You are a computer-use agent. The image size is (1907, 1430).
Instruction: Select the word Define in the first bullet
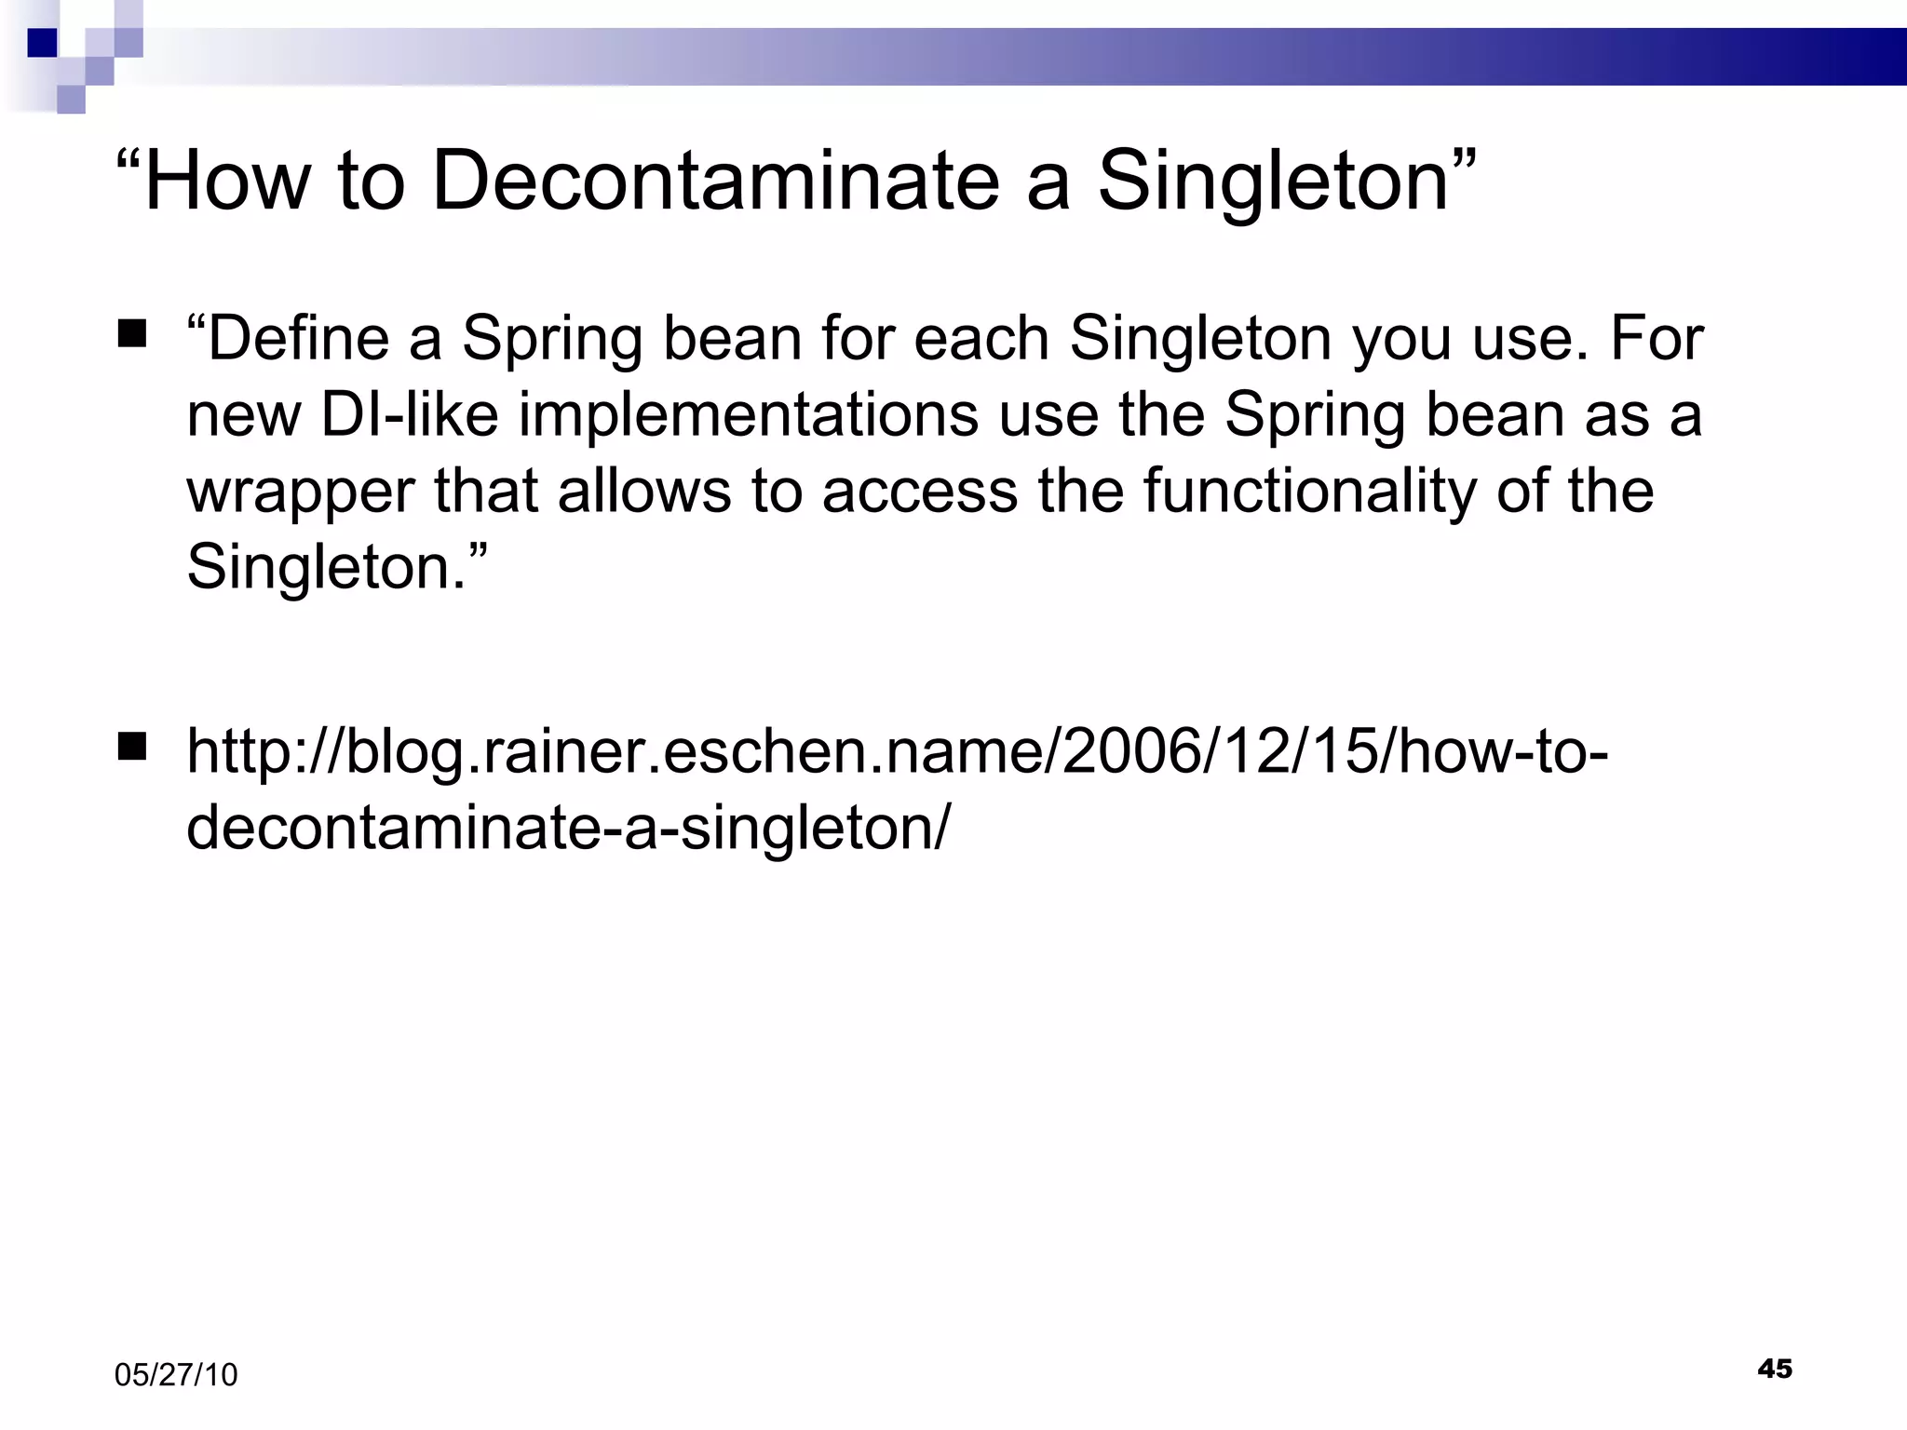coord(298,338)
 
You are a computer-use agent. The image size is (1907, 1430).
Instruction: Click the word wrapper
coord(300,493)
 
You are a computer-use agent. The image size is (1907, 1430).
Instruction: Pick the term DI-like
coord(410,414)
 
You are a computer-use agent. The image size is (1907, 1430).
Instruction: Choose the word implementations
coord(748,416)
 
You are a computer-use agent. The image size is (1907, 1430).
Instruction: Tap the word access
coord(920,492)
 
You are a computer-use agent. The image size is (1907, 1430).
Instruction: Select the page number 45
coord(1775,1369)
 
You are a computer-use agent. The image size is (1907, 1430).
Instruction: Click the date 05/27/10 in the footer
coord(176,1375)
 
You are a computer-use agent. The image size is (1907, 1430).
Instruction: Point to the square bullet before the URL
coord(132,747)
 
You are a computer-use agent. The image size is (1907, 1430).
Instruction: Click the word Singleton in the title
coord(1273,182)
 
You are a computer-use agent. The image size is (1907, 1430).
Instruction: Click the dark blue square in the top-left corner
coord(42,43)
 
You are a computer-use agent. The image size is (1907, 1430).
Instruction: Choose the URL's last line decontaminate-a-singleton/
coord(568,828)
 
